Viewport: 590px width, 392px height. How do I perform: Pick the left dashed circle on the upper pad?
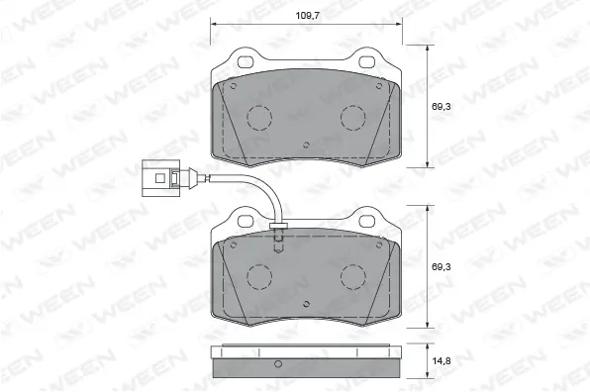click(x=260, y=118)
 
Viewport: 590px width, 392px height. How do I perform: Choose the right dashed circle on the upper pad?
click(x=355, y=118)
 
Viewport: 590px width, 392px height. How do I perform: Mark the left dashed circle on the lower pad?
click(x=260, y=276)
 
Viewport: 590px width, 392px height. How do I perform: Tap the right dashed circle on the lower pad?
click(x=355, y=276)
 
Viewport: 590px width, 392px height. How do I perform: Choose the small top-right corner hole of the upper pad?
click(x=385, y=86)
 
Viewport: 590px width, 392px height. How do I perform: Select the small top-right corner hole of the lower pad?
click(x=385, y=245)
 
